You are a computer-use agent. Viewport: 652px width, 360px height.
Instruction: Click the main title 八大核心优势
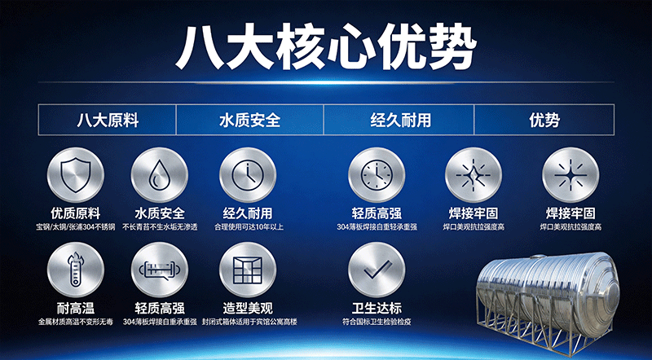point(326,47)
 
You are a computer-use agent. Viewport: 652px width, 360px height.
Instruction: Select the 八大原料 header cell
point(108,120)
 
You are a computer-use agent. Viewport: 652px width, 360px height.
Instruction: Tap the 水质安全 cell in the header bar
point(249,120)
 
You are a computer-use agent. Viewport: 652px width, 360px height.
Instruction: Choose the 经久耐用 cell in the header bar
point(399,120)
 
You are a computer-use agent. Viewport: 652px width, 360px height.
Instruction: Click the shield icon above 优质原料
point(76,175)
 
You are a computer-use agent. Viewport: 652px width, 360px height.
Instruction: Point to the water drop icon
point(160,175)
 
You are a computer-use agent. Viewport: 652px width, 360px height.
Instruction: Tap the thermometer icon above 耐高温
point(76,270)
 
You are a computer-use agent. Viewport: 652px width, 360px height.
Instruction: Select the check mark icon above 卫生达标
point(377,270)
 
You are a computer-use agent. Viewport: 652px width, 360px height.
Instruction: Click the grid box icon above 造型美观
point(248,270)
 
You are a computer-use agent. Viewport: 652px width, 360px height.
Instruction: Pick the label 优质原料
point(76,213)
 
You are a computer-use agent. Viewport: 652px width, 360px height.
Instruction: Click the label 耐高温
point(76,309)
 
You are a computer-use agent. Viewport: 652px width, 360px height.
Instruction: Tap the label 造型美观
point(248,309)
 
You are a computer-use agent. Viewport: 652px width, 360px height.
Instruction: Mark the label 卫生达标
point(377,309)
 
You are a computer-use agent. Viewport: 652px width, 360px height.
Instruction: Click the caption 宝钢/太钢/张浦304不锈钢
point(76,227)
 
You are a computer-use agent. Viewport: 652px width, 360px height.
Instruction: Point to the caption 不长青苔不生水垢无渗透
point(160,227)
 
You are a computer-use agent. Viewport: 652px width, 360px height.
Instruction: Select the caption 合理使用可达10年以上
point(249,227)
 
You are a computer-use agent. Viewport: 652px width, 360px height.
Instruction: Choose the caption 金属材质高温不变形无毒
point(76,323)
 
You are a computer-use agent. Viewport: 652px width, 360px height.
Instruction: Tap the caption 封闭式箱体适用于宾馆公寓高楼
point(249,323)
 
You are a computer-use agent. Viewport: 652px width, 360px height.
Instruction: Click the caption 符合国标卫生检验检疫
point(377,323)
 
